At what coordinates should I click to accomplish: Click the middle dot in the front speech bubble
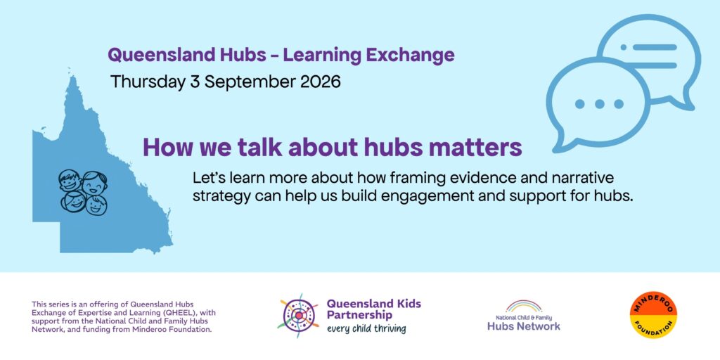point(599,104)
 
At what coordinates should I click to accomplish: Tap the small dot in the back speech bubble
point(623,47)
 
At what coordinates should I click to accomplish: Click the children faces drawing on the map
point(83,191)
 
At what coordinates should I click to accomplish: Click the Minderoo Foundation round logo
point(653,315)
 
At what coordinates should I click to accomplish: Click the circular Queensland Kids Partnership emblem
point(298,316)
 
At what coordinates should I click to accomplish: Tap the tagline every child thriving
point(366,329)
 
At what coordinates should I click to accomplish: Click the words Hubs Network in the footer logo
point(523,326)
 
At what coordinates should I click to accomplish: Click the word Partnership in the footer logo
point(359,316)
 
